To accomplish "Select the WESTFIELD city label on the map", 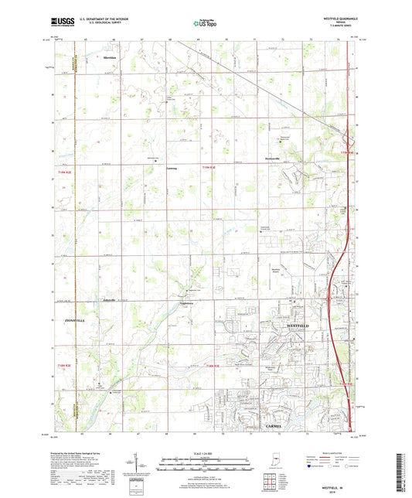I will (299, 326).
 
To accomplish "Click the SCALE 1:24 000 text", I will (206, 453).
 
